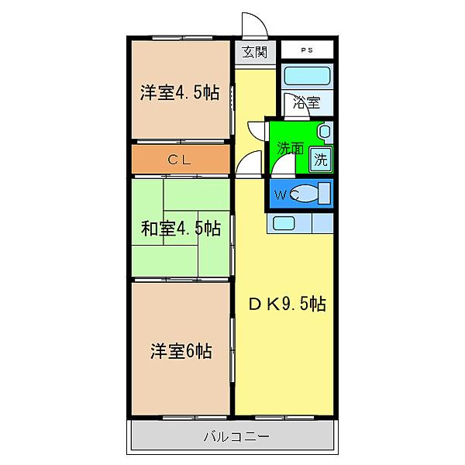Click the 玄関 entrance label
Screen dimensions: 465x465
click(x=253, y=53)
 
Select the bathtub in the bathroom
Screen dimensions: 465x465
click(x=308, y=77)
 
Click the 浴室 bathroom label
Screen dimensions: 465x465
click(x=305, y=101)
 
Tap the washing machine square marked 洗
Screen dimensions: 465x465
click(x=320, y=160)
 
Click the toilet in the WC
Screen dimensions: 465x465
click(x=313, y=195)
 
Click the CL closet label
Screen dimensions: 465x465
click(x=180, y=160)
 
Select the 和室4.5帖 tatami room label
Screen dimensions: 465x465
click(x=181, y=229)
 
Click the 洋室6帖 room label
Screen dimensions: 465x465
click(x=181, y=350)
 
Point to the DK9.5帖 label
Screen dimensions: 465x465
click(x=286, y=305)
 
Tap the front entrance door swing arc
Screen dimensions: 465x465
click(x=253, y=25)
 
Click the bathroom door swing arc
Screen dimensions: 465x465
click(x=257, y=132)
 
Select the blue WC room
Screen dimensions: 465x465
click(x=300, y=195)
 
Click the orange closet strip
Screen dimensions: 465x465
click(x=180, y=160)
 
